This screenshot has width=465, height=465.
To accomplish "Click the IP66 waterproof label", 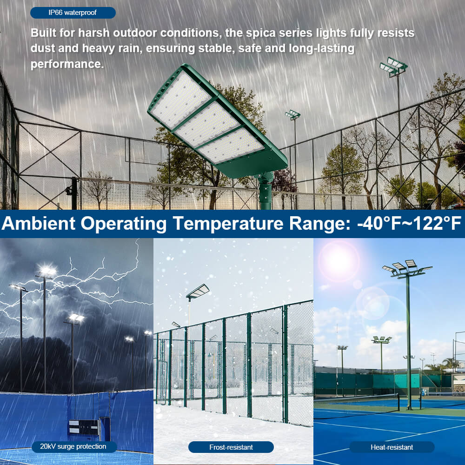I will pos(73,13).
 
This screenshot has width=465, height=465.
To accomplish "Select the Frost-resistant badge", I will pos(231,447).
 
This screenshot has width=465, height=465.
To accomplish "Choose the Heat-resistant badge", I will pos(392,447).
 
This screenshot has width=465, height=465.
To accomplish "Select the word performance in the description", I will pos(66,64).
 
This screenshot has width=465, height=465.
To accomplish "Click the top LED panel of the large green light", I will pos(181,100).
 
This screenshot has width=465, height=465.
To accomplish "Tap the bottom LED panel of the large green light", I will pos(232,145).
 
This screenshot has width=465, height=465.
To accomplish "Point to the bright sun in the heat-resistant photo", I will pos(338,261).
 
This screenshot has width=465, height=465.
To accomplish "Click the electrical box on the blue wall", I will pos(83,426).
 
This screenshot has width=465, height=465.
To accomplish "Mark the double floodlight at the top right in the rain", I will pos(393,66).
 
